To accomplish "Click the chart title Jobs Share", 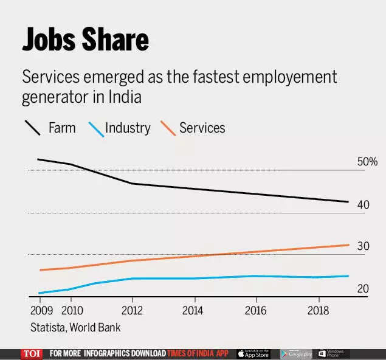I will click(x=86, y=40).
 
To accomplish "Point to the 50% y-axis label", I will click(x=367, y=162).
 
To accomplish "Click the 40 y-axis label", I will click(x=364, y=204).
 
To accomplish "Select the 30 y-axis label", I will click(x=364, y=246).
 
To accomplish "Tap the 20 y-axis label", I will click(x=363, y=288).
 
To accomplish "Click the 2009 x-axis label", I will click(x=40, y=310).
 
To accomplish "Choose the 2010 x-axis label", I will click(x=71, y=310).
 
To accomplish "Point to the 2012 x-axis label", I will click(x=133, y=310).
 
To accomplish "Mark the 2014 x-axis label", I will click(x=194, y=310).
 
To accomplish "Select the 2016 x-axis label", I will click(x=256, y=310).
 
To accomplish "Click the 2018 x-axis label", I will click(x=317, y=310).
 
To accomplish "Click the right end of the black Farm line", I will click(x=348, y=202).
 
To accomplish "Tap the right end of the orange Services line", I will click(x=348, y=244).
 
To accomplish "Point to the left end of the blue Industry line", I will click(x=40, y=293).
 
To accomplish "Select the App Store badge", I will click(x=253, y=354).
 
